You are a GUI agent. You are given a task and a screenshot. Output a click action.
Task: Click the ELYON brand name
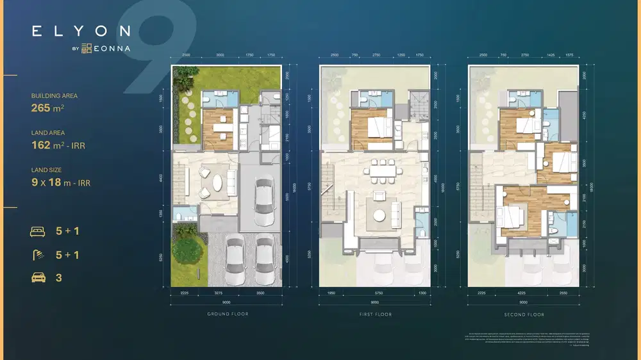(81, 31)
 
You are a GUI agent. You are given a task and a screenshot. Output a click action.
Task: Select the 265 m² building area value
(48, 108)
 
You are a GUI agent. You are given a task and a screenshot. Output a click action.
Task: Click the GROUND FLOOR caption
(228, 315)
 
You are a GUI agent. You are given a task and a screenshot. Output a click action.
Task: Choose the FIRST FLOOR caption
(376, 315)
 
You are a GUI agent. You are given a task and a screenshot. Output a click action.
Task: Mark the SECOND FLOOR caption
(524, 315)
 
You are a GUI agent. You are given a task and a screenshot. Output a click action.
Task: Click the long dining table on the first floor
(381, 171)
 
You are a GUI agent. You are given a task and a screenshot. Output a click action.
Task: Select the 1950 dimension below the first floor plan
(331, 293)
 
